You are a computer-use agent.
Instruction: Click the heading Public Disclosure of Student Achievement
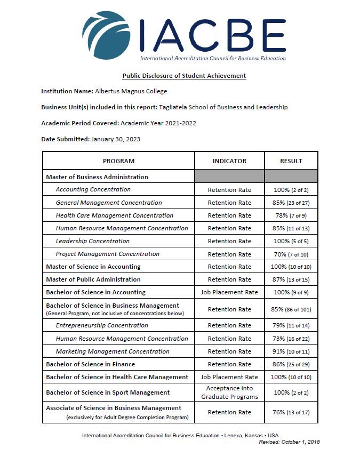(x=184, y=76)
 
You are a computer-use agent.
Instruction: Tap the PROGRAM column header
(x=118, y=161)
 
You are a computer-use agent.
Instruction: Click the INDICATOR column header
(x=229, y=161)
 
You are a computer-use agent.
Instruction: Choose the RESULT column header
(x=291, y=161)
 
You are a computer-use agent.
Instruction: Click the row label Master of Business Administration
(x=97, y=177)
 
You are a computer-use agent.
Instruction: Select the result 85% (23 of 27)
(x=291, y=203)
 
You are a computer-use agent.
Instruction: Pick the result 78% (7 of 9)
(x=291, y=215)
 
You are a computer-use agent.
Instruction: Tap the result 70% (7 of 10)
(x=291, y=254)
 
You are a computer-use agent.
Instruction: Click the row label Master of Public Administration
(x=93, y=279)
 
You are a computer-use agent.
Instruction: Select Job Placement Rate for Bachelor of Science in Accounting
(x=229, y=292)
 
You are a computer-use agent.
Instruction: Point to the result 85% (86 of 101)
(x=291, y=309)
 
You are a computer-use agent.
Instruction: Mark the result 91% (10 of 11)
(x=291, y=351)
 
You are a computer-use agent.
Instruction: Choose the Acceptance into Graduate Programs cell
(x=229, y=392)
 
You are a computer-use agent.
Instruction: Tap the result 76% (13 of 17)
(x=291, y=412)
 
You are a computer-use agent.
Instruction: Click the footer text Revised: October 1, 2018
(x=289, y=442)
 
